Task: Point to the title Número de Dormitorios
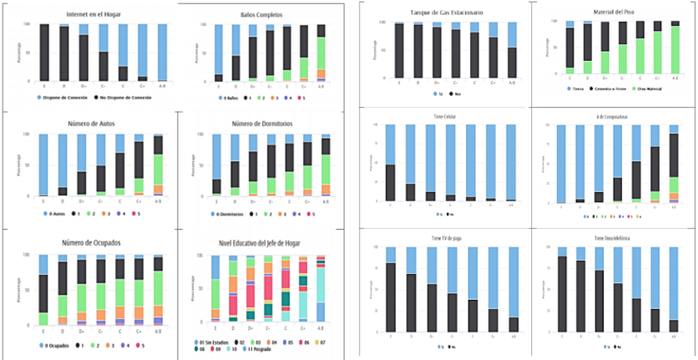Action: [x=261, y=125]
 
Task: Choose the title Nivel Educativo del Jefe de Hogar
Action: [x=261, y=243]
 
